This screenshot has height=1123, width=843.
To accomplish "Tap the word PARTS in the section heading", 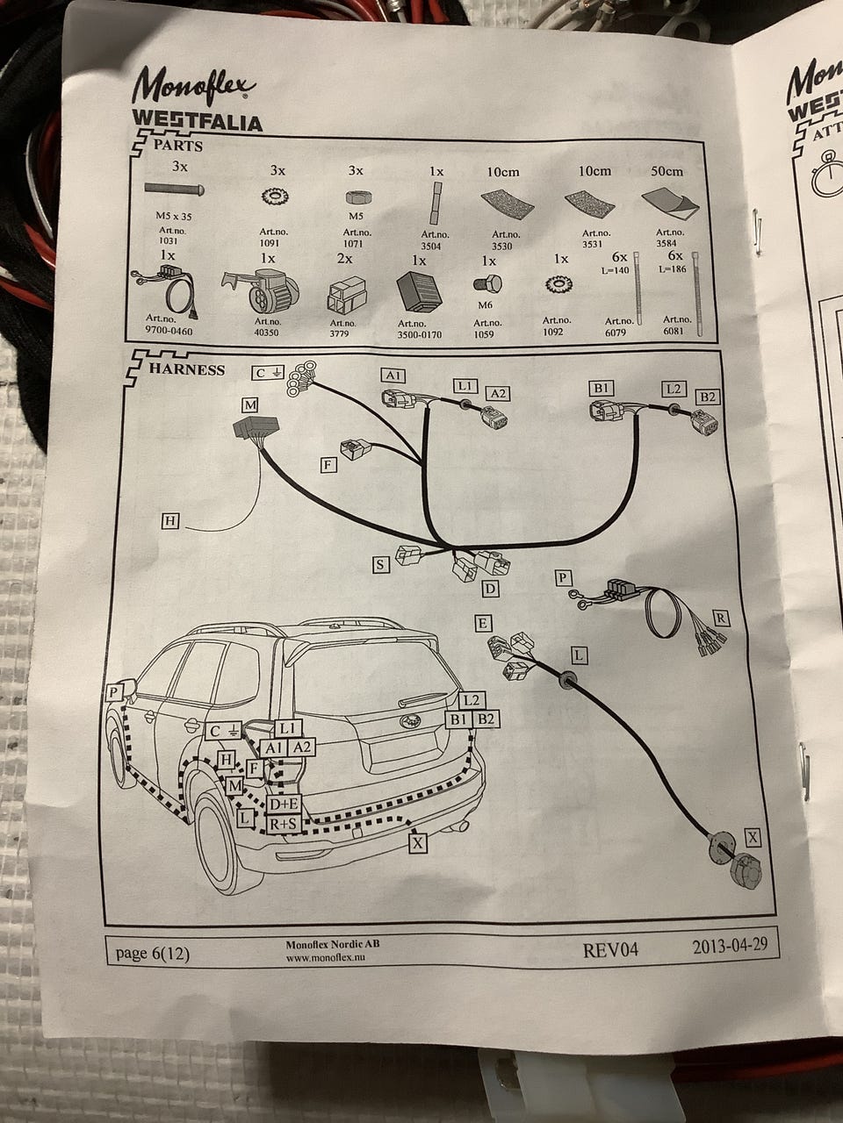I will [177, 145].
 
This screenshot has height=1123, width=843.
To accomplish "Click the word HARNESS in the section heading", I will [186, 369].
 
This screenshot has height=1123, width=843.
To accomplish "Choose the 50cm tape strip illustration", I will [670, 200].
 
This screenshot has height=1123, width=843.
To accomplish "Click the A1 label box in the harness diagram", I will [393, 376].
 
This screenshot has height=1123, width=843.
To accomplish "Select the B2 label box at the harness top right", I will [708, 397].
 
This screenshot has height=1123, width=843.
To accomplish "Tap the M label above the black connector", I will [251, 404].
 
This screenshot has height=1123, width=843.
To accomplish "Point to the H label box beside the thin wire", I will [170, 522].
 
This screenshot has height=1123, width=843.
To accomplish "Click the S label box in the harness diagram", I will [380, 565].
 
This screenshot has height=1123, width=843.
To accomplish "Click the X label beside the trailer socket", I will [753, 837].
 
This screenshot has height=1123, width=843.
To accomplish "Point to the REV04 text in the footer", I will [610, 949].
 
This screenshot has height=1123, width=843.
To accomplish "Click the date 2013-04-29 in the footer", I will [730, 947].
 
